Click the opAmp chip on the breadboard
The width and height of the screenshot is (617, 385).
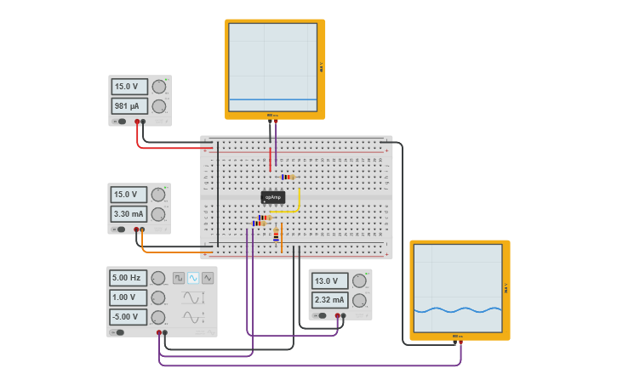(x=272, y=197)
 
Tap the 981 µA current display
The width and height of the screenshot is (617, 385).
(x=129, y=106)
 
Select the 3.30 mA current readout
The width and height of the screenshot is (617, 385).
(x=128, y=213)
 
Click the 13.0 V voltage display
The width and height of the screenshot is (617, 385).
(x=328, y=280)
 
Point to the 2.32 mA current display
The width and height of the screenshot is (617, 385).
(x=328, y=300)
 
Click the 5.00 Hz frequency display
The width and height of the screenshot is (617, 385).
(x=126, y=277)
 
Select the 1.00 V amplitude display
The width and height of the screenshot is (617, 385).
(x=126, y=297)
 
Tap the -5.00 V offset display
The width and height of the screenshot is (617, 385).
(x=126, y=317)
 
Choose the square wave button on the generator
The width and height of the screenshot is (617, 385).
(x=179, y=278)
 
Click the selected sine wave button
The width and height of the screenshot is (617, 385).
(x=193, y=278)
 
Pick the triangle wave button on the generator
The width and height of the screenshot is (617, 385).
(x=208, y=278)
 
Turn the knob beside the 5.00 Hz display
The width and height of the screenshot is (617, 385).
(x=158, y=277)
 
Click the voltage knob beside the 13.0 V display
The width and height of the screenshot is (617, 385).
(x=360, y=280)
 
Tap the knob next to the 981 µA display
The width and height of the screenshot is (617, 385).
(x=158, y=106)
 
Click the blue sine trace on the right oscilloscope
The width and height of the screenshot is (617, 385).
(x=457, y=309)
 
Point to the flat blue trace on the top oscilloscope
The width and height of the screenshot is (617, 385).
(x=272, y=99)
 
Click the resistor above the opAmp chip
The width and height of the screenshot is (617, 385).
(x=288, y=177)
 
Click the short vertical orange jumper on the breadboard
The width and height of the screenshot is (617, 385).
(x=282, y=236)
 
